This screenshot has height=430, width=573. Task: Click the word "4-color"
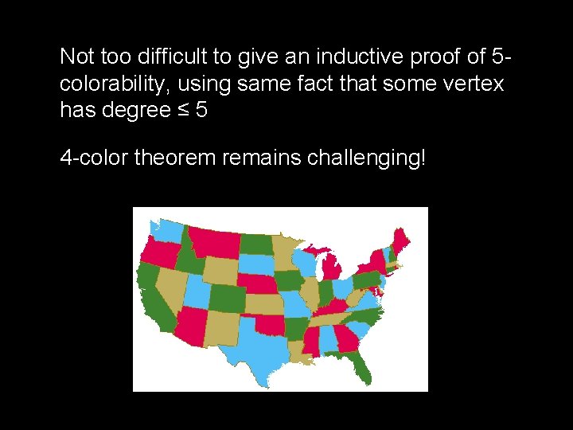pyautogui.click(x=95, y=157)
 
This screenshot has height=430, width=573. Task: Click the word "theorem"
pyautogui.click(x=175, y=157)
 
